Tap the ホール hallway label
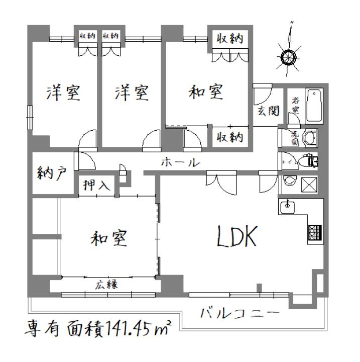click(x=181, y=163)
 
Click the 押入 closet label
click(x=97, y=185)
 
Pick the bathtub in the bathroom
click(x=314, y=106)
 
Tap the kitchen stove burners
click(x=315, y=232)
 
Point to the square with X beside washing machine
click(x=308, y=185)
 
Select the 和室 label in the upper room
click(x=205, y=93)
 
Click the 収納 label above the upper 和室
click(x=231, y=38)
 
